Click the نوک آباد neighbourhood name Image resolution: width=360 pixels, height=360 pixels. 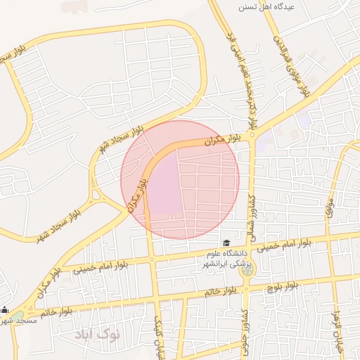click(98, 333)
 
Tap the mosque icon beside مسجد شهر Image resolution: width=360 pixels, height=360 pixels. click(5, 310)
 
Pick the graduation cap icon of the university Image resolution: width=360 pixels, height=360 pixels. click(226, 243)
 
